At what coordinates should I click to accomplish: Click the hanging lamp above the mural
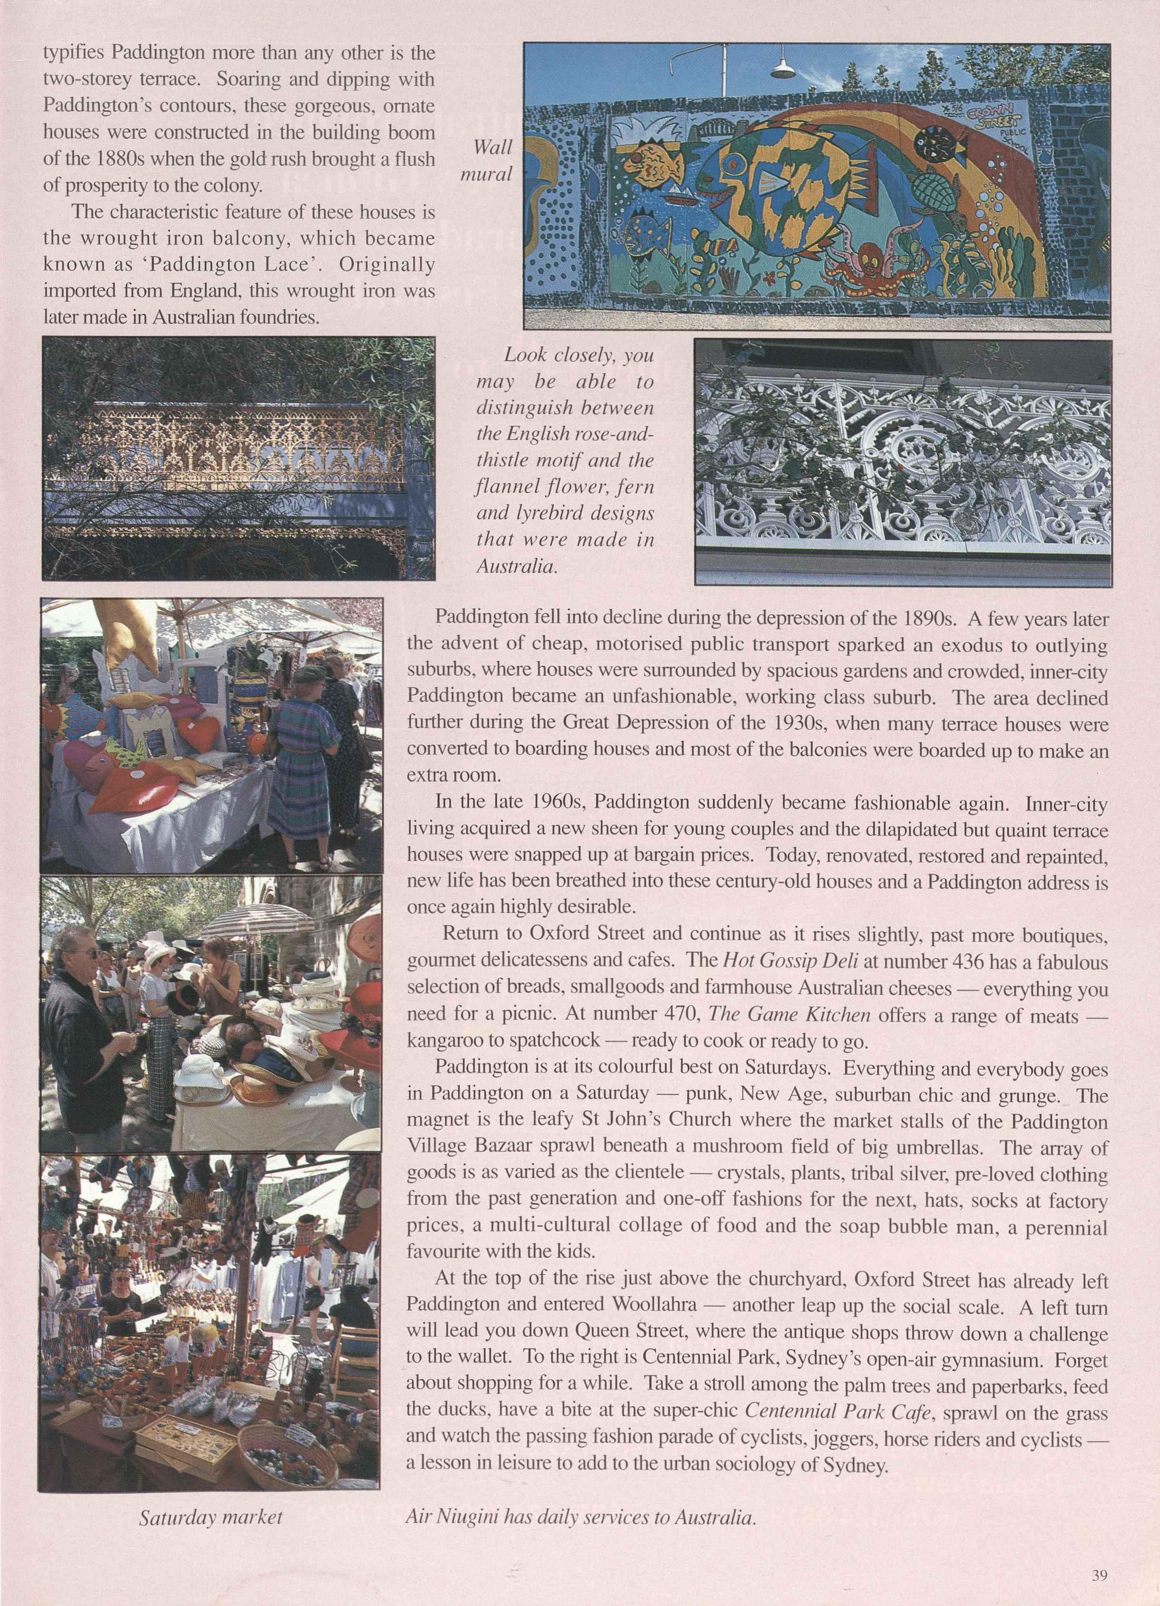click(x=784, y=67)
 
